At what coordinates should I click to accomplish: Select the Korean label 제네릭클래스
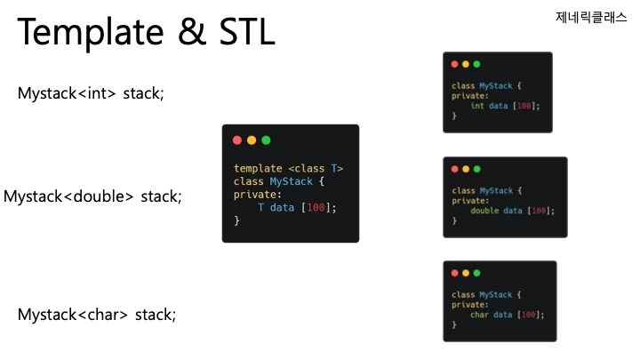591,17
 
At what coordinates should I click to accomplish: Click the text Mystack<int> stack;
91,92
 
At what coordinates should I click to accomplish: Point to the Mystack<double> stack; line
92,196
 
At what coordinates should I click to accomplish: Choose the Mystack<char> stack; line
97,314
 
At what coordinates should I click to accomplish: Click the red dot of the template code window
237,140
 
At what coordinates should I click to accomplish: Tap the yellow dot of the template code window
252,140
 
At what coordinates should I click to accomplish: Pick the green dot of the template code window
266,140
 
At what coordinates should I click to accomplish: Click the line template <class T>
288,169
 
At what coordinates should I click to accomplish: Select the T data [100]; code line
298,207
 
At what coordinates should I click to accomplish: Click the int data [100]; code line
505,106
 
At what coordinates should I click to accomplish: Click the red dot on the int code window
454,64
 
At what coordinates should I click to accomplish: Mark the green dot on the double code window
476,169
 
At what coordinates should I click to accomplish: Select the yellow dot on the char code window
466,273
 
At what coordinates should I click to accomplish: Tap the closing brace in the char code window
454,325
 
